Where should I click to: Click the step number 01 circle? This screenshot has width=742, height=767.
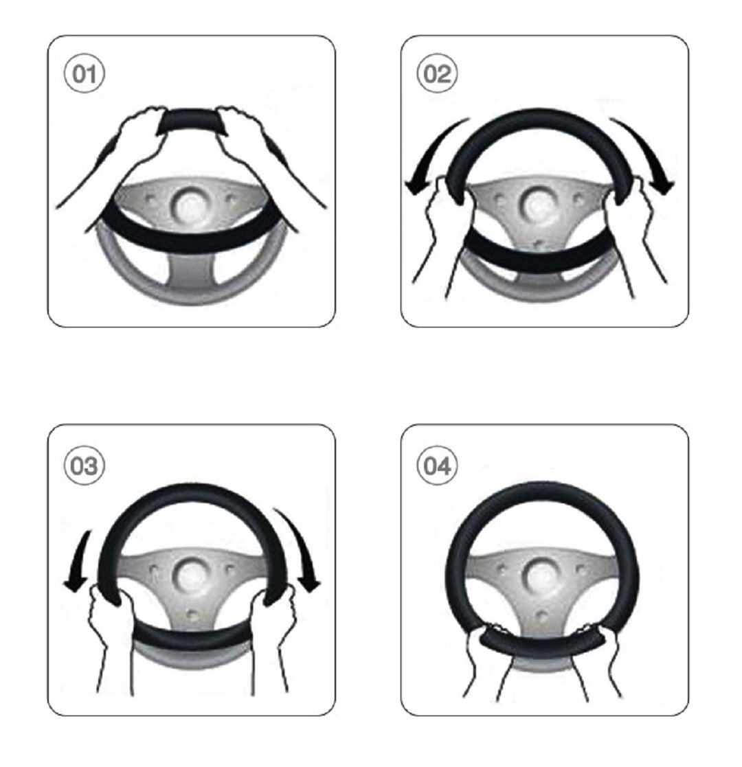click(x=85, y=73)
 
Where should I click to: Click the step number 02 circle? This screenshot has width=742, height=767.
click(x=437, y=73)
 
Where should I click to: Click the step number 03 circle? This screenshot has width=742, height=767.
click(x=85, y=465)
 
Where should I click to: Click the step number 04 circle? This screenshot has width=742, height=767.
click(x=437, y=465)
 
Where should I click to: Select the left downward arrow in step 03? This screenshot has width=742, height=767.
click(x=78, y=562)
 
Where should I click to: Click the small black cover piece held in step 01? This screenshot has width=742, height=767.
click(x=192, y=122)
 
